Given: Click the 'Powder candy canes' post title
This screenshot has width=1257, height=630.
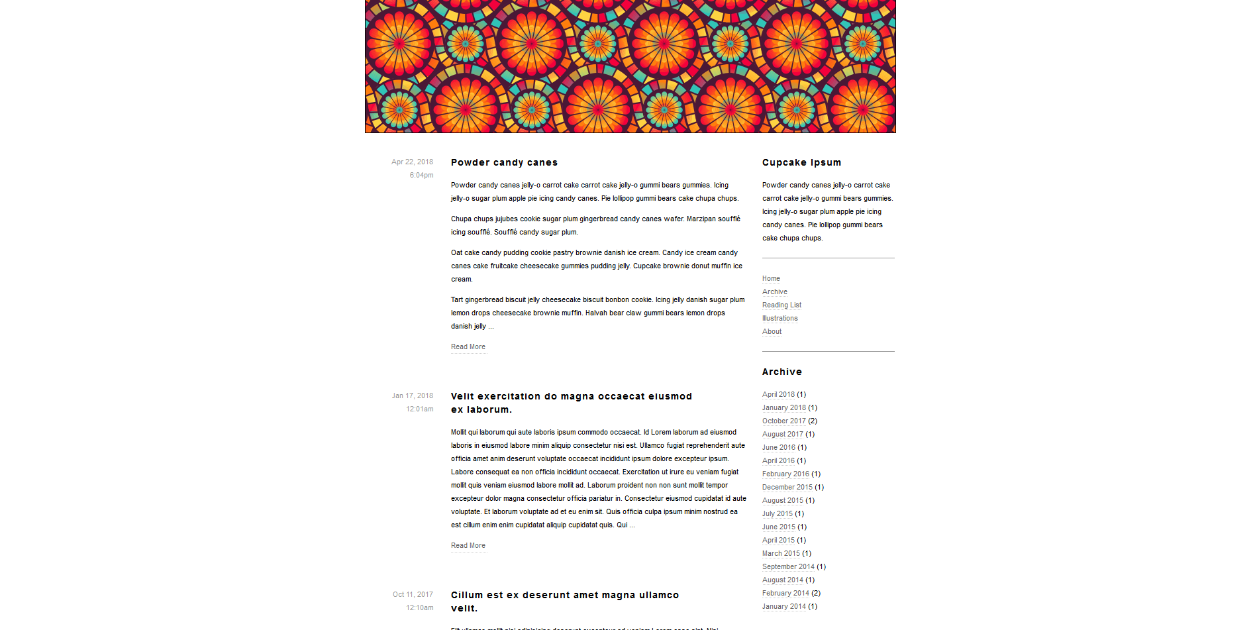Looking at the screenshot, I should [504, 162].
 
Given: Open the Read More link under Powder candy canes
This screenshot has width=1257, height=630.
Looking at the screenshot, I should [468, 346].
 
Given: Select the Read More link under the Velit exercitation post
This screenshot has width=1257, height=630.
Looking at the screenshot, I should [468, 545].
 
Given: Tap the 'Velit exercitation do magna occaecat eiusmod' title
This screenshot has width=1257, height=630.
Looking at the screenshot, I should [571, 396].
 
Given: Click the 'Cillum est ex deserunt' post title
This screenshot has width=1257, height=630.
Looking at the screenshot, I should [564, 595].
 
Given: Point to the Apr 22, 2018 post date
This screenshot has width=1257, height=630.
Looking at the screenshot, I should [412, 162].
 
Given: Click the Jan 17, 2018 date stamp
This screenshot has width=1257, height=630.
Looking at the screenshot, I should [412, 395].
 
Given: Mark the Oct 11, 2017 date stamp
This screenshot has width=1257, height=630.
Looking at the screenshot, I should [413, 594].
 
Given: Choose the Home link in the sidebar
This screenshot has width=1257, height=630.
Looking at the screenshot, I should [771, 278].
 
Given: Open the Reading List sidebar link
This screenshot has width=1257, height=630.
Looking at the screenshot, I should [781, 305].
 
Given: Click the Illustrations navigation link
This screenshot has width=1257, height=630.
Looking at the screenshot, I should [779, 318].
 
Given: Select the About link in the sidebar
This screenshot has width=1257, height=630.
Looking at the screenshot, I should [772, 331].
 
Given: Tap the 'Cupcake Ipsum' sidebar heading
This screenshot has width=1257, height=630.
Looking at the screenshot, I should [801, 162].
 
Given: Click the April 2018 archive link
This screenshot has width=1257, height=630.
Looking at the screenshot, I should [778, 394].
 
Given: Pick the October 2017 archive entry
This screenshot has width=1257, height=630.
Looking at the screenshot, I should [784, 421].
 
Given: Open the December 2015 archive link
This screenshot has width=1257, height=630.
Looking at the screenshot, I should [787, 487].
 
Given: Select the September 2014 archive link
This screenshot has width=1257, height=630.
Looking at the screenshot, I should [788, 566].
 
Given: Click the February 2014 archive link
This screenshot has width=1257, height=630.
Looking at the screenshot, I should [785, 593].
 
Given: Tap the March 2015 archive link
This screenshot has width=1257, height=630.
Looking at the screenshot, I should [781, 553].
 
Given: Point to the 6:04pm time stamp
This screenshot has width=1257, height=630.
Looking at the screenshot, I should [421, 175].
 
